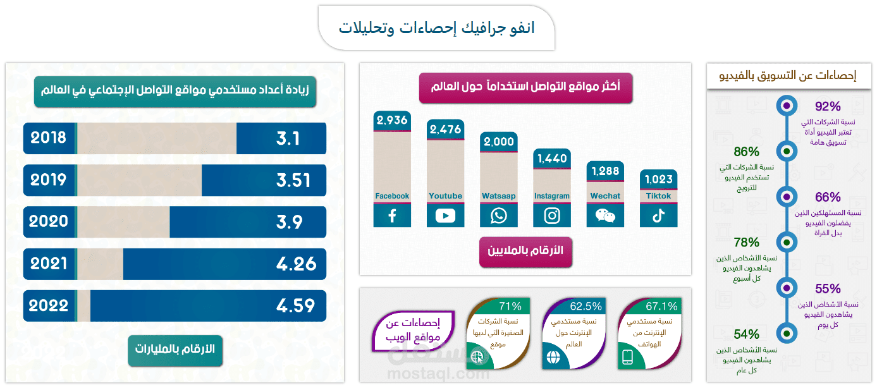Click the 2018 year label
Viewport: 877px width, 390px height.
point(49,138)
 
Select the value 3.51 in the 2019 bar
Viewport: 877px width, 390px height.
point(293,180)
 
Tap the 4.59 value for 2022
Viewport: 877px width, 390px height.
point(295,306)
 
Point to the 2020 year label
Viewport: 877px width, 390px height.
point(49,222)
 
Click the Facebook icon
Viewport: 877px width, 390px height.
point(392,216)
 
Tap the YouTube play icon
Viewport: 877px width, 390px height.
point(445,216)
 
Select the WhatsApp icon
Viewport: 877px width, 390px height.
point(498,216)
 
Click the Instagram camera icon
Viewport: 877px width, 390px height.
point(552,216)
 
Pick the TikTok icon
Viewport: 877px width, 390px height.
point(658,216)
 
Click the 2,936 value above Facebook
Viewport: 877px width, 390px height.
point(392,121)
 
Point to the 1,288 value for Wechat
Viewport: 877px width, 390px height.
point(605,171)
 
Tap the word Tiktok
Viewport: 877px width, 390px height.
point(658,196)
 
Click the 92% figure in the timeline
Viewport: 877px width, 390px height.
point(828,106)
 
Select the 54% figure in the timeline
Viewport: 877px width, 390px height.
point(746,334)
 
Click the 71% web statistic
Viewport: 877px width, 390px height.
point(510,307)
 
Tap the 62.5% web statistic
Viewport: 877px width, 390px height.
point(586,307)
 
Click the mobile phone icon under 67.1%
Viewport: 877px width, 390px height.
point(627,357)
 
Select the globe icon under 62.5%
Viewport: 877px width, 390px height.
point(553,357)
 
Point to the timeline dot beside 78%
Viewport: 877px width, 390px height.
point(786,242)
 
